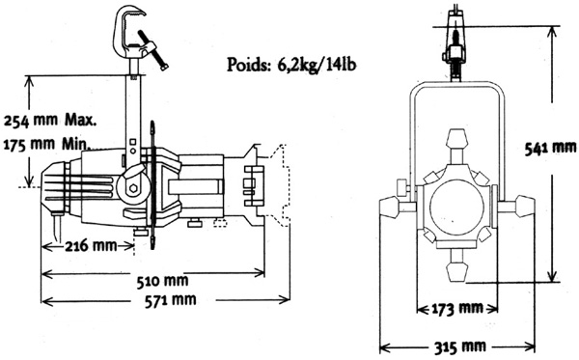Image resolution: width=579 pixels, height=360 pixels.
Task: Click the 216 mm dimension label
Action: coord(91,245)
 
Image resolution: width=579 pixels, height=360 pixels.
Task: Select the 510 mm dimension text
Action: coord(162,282)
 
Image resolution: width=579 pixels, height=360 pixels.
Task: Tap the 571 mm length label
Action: coord(170,300)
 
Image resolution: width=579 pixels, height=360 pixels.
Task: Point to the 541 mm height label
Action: coord(551,148)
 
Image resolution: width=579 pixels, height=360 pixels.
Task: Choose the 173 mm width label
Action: coord(457,308)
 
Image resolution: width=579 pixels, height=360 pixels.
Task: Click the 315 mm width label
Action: coord(460,346)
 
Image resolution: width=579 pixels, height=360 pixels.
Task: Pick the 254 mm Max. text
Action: coord(49,121)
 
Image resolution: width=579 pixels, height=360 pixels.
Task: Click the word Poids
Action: coord(247,65)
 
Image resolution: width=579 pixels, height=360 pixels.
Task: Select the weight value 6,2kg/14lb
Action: coord(315,65)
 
